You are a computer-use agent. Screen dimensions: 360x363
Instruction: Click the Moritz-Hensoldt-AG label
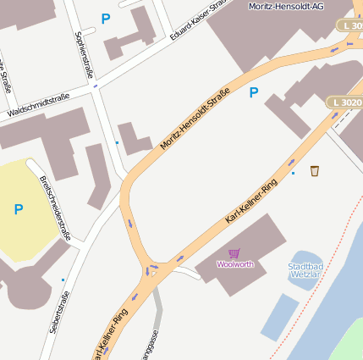[286, 6]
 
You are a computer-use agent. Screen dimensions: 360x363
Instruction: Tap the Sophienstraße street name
[85, 54]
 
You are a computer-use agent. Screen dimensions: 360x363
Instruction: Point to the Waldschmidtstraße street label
[38, 105]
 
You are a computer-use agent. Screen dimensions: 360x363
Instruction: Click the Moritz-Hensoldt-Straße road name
[195, 124]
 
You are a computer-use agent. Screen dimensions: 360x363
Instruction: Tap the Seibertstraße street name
[59, 312]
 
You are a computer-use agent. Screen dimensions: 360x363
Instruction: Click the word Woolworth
[234, 264]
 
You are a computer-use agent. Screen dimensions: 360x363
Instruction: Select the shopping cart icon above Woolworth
[234, 253]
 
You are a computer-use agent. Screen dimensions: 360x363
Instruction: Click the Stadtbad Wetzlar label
[304, 270]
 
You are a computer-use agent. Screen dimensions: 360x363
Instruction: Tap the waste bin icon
[315, 171]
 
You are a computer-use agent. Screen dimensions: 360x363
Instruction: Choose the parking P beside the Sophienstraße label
[106, 18]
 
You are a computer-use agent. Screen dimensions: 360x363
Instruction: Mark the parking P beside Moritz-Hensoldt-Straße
[253, 93]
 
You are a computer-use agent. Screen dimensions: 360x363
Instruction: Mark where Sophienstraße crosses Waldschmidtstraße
[95, 87]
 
